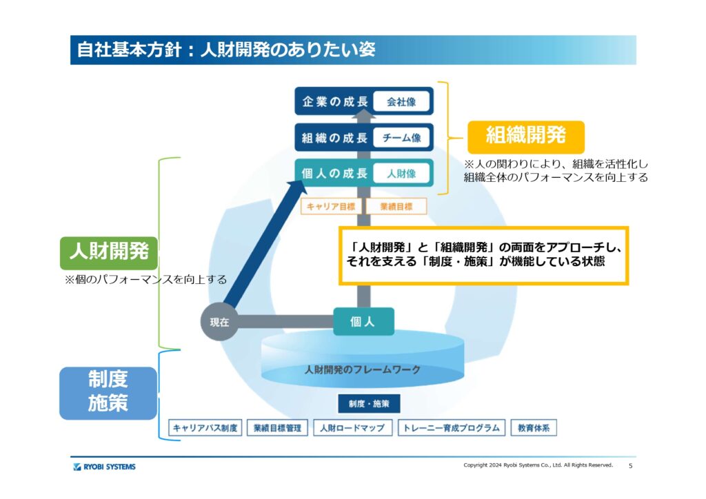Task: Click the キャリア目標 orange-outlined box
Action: [330, 206]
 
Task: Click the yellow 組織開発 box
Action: [525, 136]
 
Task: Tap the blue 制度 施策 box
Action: [108, 391]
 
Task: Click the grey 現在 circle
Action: [219, 322]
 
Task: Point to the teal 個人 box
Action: [363, 322]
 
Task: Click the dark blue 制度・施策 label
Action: [369, 404]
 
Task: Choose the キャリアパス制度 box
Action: [205, 428]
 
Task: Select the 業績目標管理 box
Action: [276, 428]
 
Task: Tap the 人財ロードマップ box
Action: [352, 428]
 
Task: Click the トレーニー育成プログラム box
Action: [452, 428]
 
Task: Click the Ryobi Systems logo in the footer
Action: [104, 467]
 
